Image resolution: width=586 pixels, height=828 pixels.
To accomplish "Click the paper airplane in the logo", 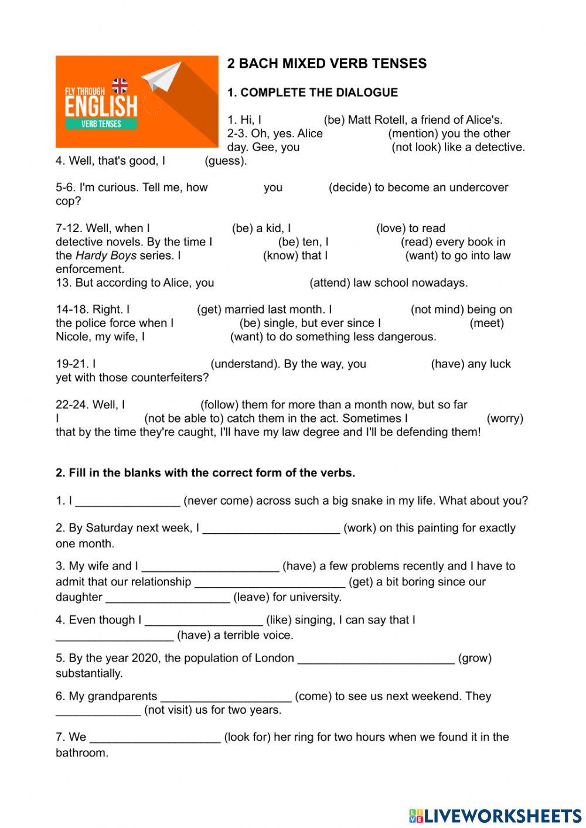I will pyautogui.click(x=162, y=76).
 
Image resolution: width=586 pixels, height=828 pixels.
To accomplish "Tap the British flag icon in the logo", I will pyautogui.click(x=120, y=86).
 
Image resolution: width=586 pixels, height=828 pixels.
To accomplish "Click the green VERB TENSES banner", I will pyautogui.click(x=101, y=124).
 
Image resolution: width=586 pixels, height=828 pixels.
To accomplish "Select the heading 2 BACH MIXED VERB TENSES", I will pyautogui.click(x=327, y=64).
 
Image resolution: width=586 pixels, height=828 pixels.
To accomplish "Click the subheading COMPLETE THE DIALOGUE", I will pyautogui.click(x=319, y=93).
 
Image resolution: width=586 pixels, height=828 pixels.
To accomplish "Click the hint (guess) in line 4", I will pyautogui.click(x=226, y=161).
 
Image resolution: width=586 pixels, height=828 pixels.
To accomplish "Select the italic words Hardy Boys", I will pyautogui.click(x=105, y=255).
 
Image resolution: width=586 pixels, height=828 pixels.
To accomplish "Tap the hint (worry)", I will pyautogui.click(x=505, y=418).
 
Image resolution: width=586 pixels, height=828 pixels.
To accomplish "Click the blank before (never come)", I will pyautogui.click(x=127, y=502).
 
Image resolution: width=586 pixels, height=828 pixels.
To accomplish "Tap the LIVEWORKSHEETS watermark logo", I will pyautogui.click(x=495, y=816).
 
